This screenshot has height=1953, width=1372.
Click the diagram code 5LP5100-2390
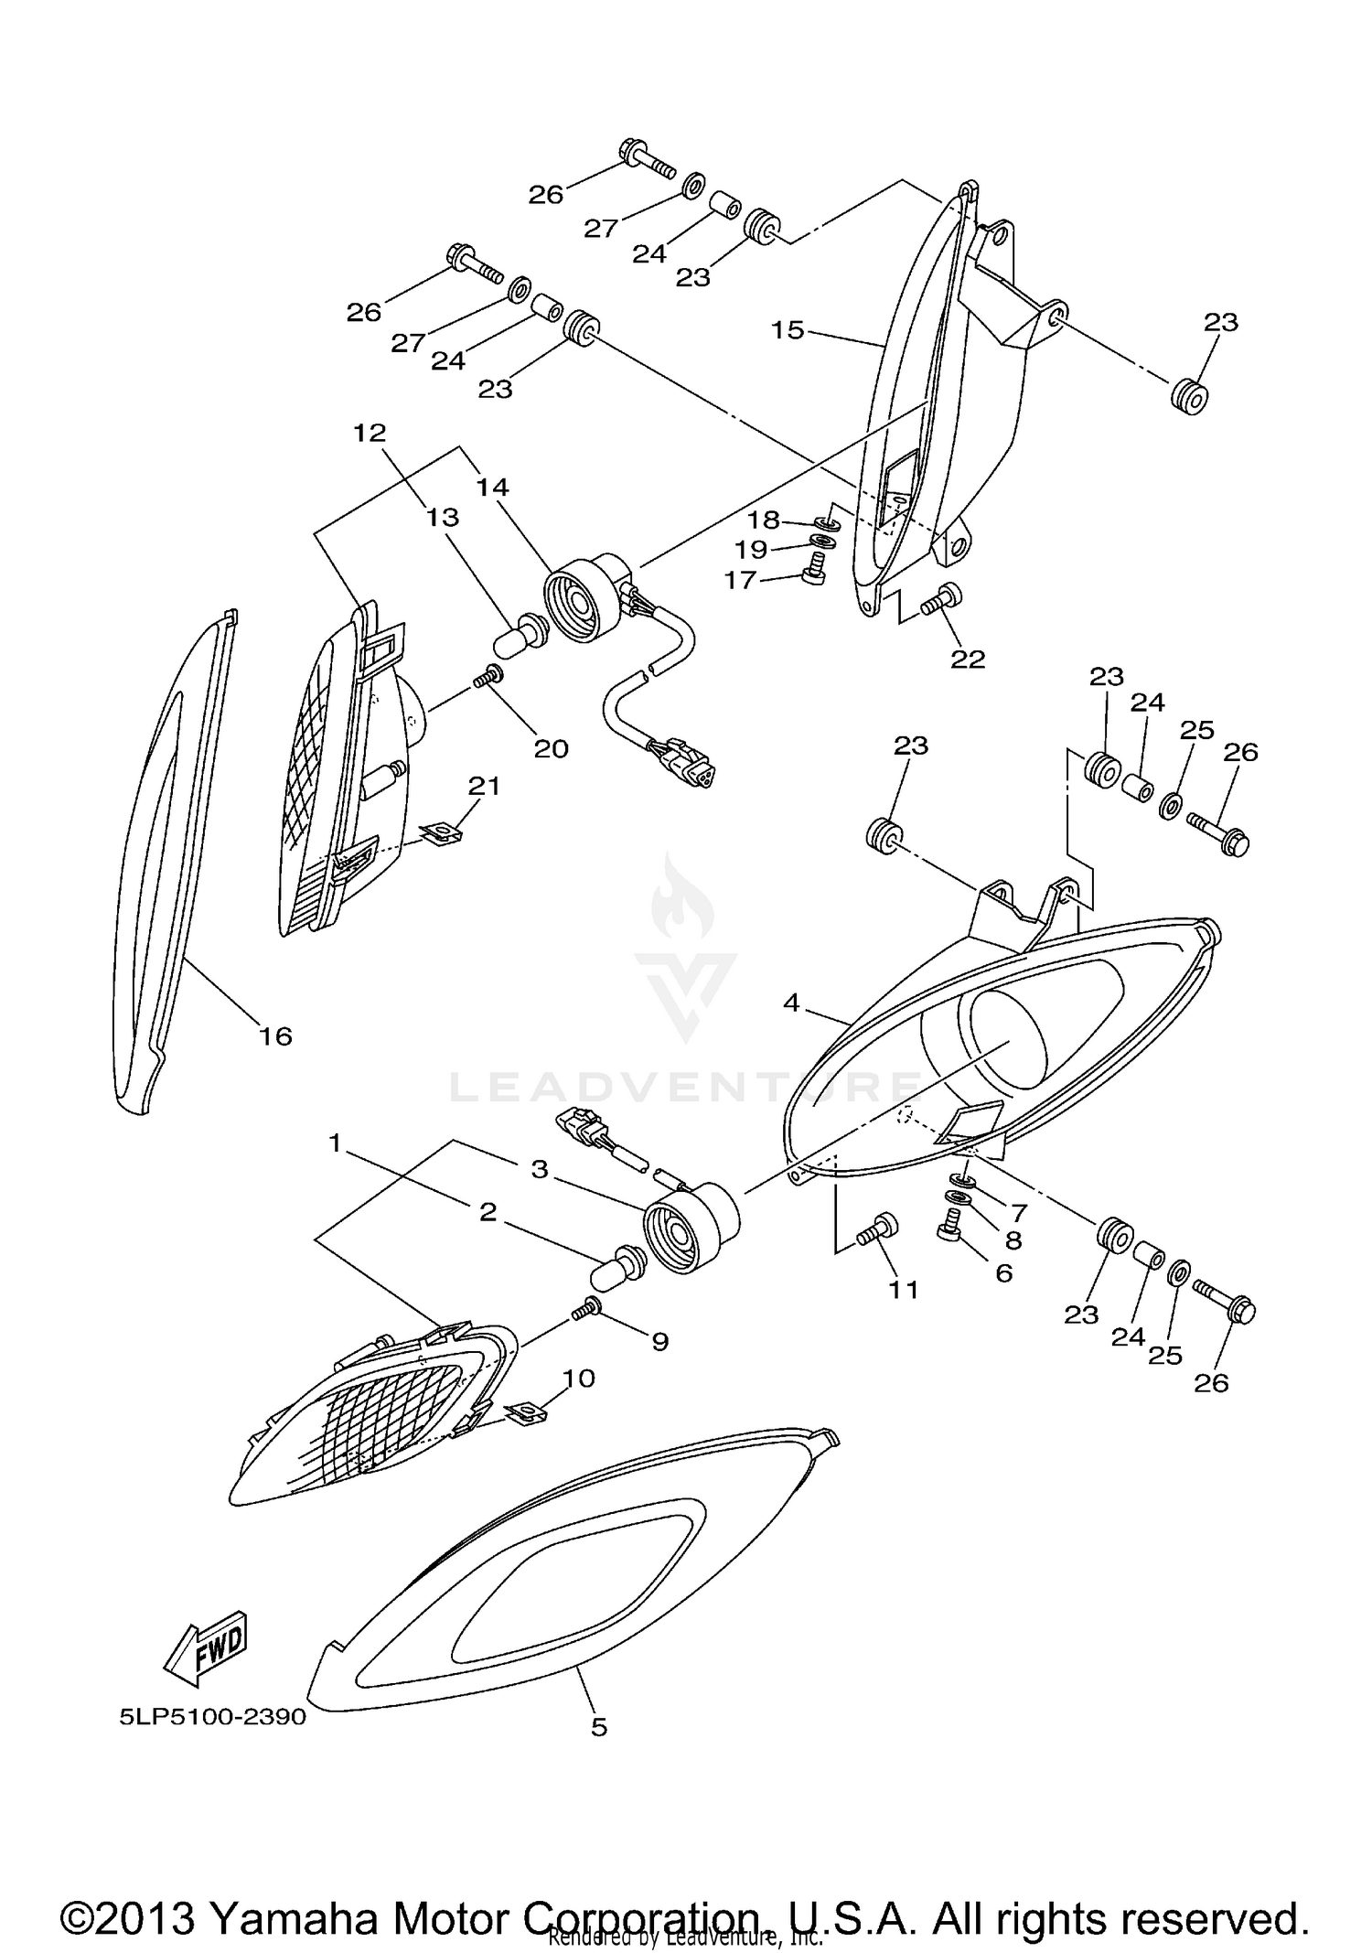212,1717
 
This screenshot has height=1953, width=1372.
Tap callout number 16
275,1036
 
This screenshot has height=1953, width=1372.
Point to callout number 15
787,329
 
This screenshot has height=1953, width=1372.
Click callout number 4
791,1003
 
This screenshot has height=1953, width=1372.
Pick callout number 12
370,433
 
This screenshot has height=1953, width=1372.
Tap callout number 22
968,659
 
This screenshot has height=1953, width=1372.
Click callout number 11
904,1290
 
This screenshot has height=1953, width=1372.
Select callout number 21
484,785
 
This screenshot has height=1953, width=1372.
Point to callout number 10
580,1378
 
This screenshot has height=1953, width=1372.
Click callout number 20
551,748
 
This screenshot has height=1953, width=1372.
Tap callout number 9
659,1341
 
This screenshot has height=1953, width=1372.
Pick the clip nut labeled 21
442,832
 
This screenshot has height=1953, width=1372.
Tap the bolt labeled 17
810,574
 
